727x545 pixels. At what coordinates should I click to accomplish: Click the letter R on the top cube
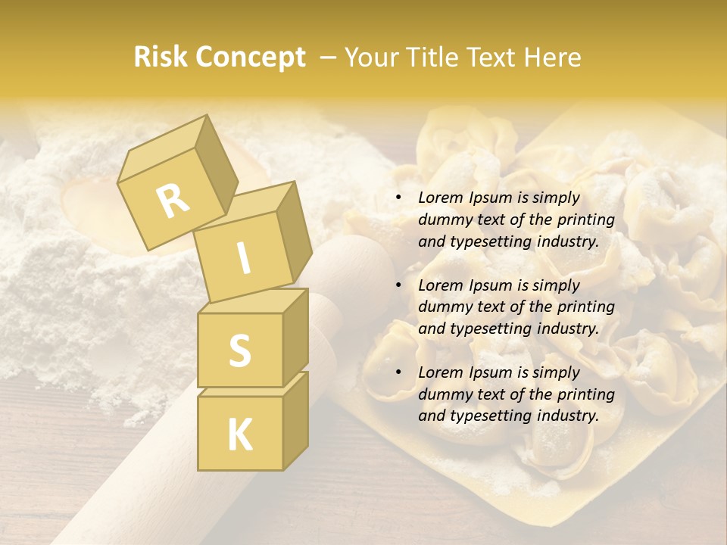click(173, 201)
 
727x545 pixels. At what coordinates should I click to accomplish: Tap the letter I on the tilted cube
click(243, 258)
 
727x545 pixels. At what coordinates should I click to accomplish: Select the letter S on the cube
click(239, 350)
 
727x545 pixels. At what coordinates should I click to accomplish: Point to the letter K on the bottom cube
click(239, 434)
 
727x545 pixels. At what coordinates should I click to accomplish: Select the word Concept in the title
click(249, 58)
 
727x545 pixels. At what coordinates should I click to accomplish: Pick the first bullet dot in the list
click(398, 198)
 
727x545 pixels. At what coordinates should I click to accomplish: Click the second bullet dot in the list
click(398, 285)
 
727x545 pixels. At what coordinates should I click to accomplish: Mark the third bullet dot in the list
click(398, 372)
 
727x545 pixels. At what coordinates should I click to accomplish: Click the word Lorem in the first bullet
click(440, 198)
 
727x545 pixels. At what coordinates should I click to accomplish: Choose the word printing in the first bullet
click(585, 220)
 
